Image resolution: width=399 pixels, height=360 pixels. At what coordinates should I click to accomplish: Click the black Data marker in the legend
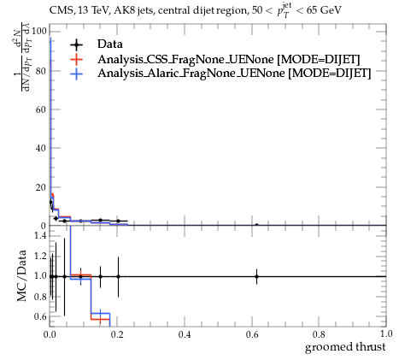[x=77, y=44]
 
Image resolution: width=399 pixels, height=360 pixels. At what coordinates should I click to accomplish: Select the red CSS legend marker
[x=77, y=59]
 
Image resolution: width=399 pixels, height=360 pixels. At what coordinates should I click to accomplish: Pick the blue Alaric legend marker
[x=77, y=74]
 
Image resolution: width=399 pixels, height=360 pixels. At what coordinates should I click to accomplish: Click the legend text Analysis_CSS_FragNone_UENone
[x=185, y=59]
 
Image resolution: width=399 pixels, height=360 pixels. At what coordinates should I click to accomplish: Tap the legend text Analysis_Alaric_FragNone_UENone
[x=191, y=74]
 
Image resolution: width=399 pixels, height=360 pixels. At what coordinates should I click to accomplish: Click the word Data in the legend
[x=110, y=44]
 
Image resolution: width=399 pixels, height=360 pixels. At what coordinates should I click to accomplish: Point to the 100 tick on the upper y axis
[x=38, y=31]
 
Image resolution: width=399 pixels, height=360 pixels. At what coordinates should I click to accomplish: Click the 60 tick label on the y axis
[x=41, y=109]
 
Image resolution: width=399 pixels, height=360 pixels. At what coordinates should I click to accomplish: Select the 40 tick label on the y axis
[x=41, y=148]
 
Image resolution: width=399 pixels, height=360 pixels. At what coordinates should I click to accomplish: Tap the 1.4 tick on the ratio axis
[x=40, y=235]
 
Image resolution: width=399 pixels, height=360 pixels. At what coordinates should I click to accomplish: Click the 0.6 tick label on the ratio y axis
[x=40, y=316]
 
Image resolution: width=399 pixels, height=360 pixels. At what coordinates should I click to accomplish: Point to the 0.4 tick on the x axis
[x=185, y=334]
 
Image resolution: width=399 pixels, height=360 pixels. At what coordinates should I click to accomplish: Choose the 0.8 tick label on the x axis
[x=319, y=334]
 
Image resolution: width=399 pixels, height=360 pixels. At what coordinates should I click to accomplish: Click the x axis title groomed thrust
[x=345, y=347]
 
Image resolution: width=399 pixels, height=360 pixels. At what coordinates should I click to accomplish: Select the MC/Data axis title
[x=21, y=275]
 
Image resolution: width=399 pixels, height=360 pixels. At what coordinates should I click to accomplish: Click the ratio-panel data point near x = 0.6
[x=256, y=276]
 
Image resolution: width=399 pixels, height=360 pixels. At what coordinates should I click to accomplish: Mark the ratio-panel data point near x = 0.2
[x=118, y=276]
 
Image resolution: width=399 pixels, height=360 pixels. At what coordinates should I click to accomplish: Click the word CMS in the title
[x=59, y=10]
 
